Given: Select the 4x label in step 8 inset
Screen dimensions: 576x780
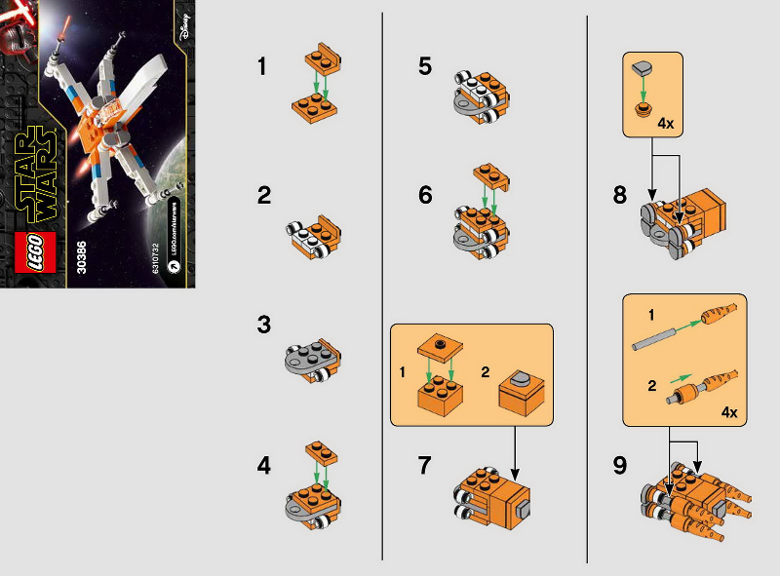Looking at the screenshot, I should [666, 124].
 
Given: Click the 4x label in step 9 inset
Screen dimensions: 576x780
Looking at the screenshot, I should [728, 412].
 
